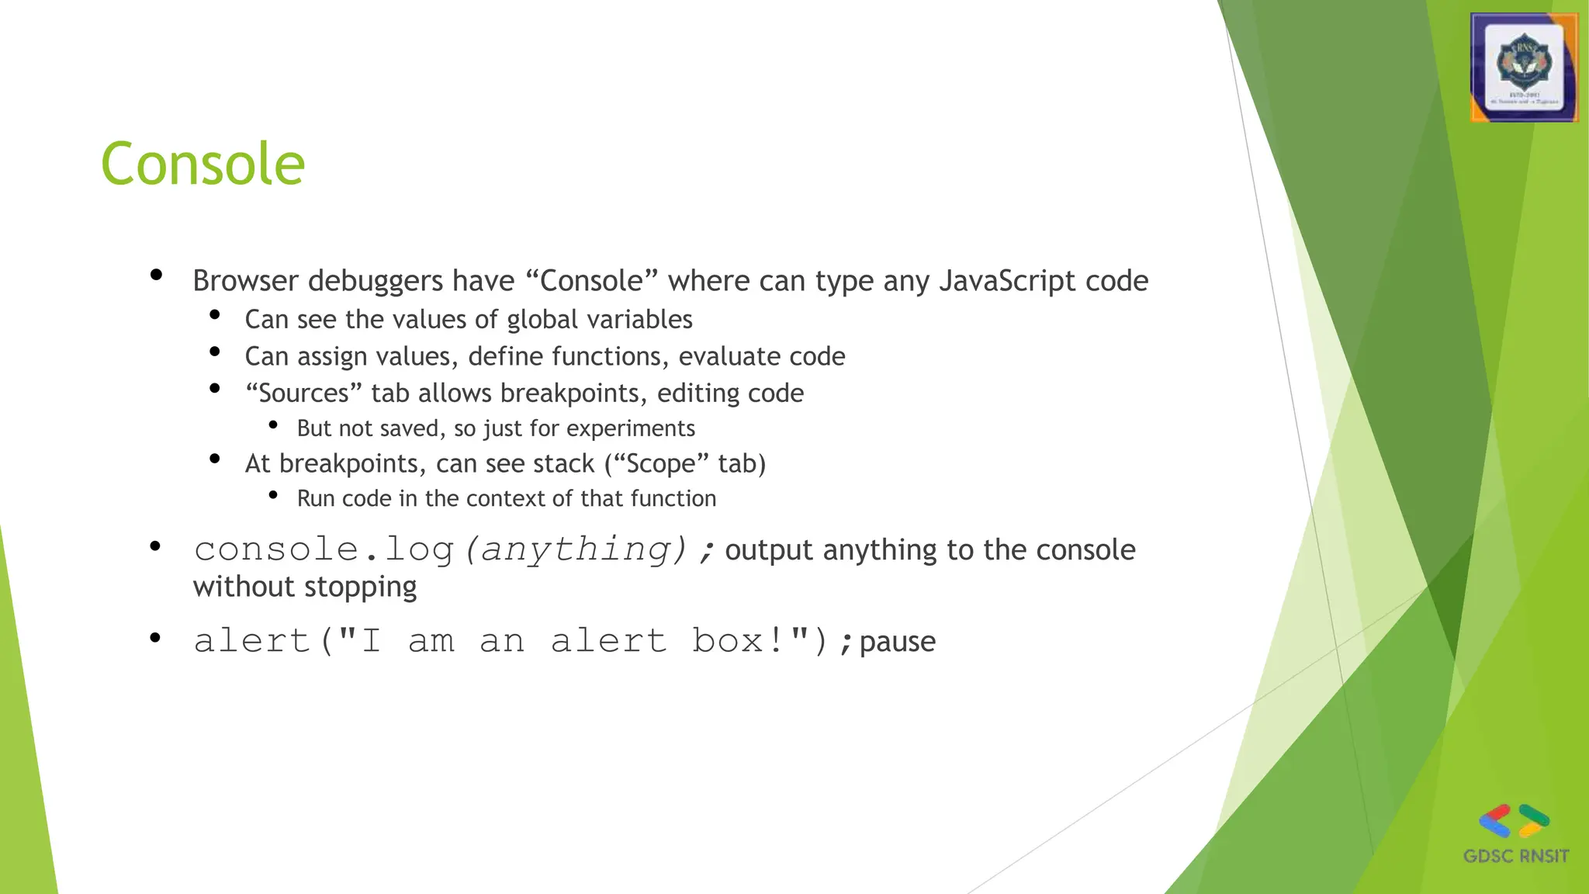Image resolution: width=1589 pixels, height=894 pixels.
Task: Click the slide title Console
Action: tap(203, 165)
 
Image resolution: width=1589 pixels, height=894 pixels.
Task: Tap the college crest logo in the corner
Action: tap(1524, 68)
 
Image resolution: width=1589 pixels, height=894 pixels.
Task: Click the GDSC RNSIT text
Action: tap(1516, 856)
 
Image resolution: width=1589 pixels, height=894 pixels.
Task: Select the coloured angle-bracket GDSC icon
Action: tap(1515, 821)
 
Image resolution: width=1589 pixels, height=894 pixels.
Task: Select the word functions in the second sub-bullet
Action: tap(611, 356)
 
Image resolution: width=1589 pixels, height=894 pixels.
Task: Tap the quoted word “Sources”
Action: tap(303, 393)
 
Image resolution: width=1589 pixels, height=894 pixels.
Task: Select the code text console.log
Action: tap(324, 549)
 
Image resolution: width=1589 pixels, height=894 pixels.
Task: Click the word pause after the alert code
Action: tap(898, 642)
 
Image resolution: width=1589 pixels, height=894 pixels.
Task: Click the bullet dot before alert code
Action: tap(155, 638)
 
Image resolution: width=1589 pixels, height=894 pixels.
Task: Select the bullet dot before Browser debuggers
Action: tap(156, 275)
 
